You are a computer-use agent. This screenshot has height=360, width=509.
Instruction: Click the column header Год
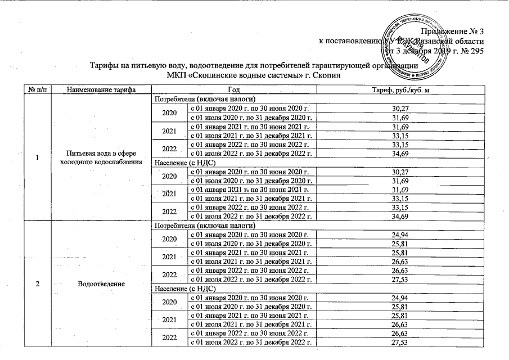coord(233,91)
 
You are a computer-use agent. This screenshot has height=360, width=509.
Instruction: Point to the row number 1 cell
coord(36,158)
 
